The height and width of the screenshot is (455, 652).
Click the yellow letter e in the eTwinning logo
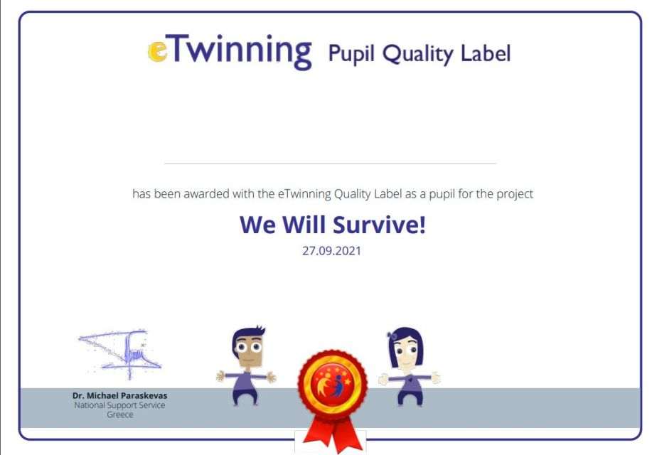158,52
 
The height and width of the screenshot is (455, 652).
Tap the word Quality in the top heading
418,55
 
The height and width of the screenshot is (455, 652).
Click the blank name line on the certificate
331,164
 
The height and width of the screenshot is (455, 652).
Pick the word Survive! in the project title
379,225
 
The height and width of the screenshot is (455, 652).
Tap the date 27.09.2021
331,251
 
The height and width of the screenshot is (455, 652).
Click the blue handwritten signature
121,354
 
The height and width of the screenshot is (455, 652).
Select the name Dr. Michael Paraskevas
119,395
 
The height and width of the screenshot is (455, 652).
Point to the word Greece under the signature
119,414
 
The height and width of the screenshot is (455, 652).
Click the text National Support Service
119,405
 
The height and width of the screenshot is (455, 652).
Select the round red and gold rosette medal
333,385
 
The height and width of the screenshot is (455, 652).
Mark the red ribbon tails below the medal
333,434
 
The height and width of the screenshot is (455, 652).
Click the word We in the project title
258,225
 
